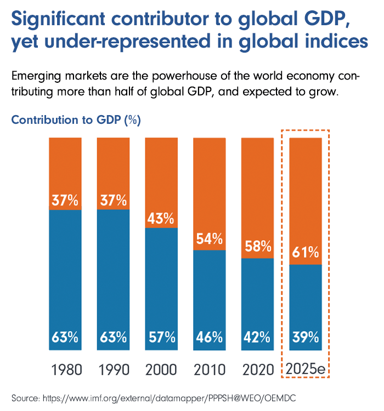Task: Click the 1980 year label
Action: (65, 369)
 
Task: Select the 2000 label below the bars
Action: (161, 369)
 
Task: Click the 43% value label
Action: (161, 219)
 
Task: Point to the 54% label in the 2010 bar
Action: (209, 239)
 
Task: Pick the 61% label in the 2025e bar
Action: (305, 253)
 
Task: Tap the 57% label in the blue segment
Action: (161, 336)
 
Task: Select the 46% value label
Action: (209, 336)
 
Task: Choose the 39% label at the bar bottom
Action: (305, 336)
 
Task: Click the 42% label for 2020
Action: (257, 336)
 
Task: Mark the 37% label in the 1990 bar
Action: (113, 200)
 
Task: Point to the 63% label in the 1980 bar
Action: (65, 336)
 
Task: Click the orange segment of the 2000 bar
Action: (161, 175)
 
